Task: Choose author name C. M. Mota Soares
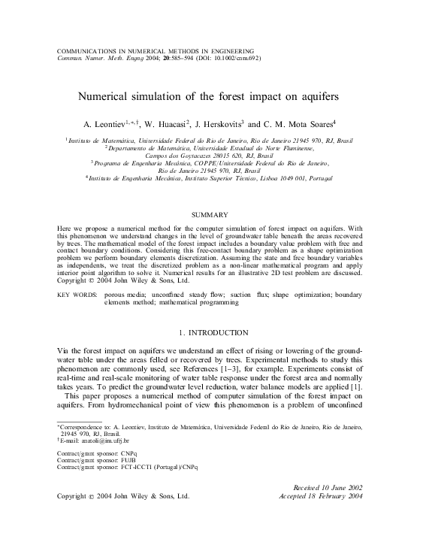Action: point(307,123)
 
